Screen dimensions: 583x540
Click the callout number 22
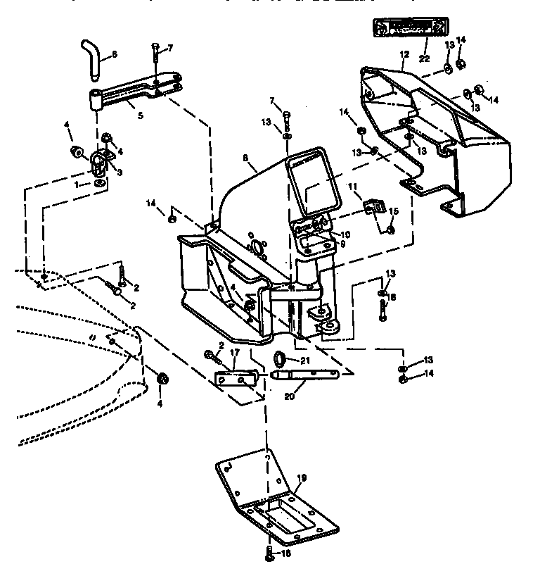coord(424,58)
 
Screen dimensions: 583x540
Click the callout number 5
coord(140,114)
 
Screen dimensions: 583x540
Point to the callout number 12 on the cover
coord(404,54)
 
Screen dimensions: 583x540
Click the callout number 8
coord(245,159)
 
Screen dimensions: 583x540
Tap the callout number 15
coord(394,211)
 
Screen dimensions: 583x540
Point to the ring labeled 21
coord(279,361)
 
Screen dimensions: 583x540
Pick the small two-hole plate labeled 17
coord(233,379)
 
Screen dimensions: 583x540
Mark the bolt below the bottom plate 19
coord(269,553)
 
